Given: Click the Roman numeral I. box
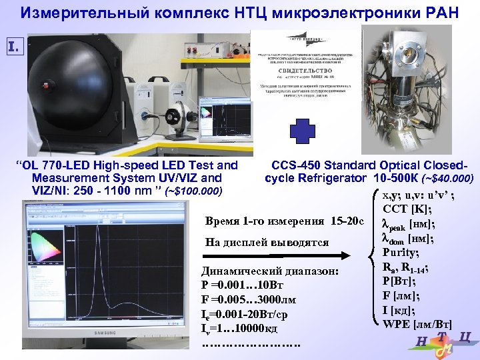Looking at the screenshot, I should pos(15,47).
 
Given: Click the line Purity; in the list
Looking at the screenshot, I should pos(401,253).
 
